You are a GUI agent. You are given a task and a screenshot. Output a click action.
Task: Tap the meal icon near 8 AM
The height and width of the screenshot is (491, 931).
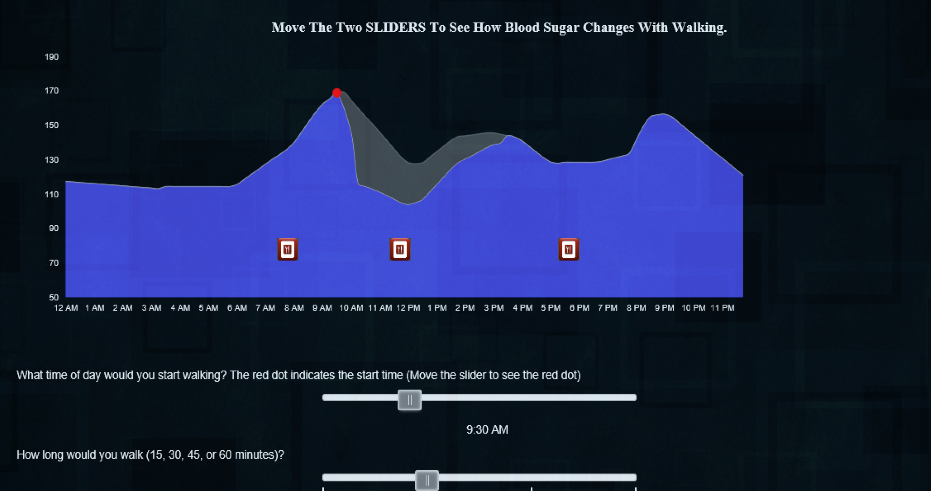pos(288,249)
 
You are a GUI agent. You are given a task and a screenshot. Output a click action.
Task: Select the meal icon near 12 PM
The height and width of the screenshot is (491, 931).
pos(400,249)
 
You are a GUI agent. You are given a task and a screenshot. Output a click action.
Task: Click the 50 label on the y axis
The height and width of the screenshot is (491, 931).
pos(53,297)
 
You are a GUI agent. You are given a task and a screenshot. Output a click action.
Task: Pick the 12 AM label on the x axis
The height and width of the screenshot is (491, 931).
pos(66,308)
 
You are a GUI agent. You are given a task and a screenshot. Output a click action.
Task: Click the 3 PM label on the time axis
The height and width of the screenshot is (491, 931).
pos(494,308)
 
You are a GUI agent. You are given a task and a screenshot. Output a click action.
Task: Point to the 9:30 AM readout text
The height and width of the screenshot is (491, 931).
pos(487,429)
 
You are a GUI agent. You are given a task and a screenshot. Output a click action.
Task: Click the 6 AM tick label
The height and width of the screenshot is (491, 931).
pos(237,308)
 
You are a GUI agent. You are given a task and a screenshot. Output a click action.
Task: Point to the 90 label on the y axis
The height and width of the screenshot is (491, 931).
pos(53,228)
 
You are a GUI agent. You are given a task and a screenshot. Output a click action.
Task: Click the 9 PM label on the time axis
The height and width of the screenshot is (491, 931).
pos(664,308)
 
